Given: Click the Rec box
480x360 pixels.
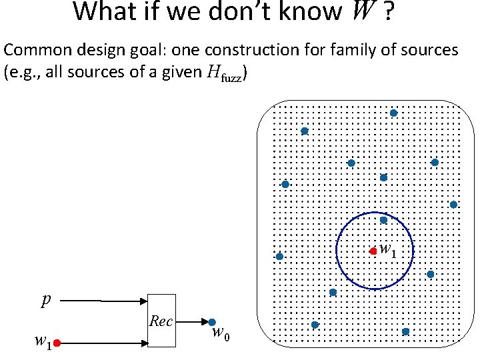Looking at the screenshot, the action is coord(161,321).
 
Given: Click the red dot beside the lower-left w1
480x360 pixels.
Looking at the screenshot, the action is coord(57,343).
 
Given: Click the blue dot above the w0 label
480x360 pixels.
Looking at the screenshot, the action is coord(212,322).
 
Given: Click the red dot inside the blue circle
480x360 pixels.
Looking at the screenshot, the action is coord(373,251).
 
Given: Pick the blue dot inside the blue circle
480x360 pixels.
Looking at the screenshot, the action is coord(383,220).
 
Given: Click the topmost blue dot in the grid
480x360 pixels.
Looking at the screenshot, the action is coord(393,113).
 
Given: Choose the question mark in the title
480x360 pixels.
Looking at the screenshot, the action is coord(387,11).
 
